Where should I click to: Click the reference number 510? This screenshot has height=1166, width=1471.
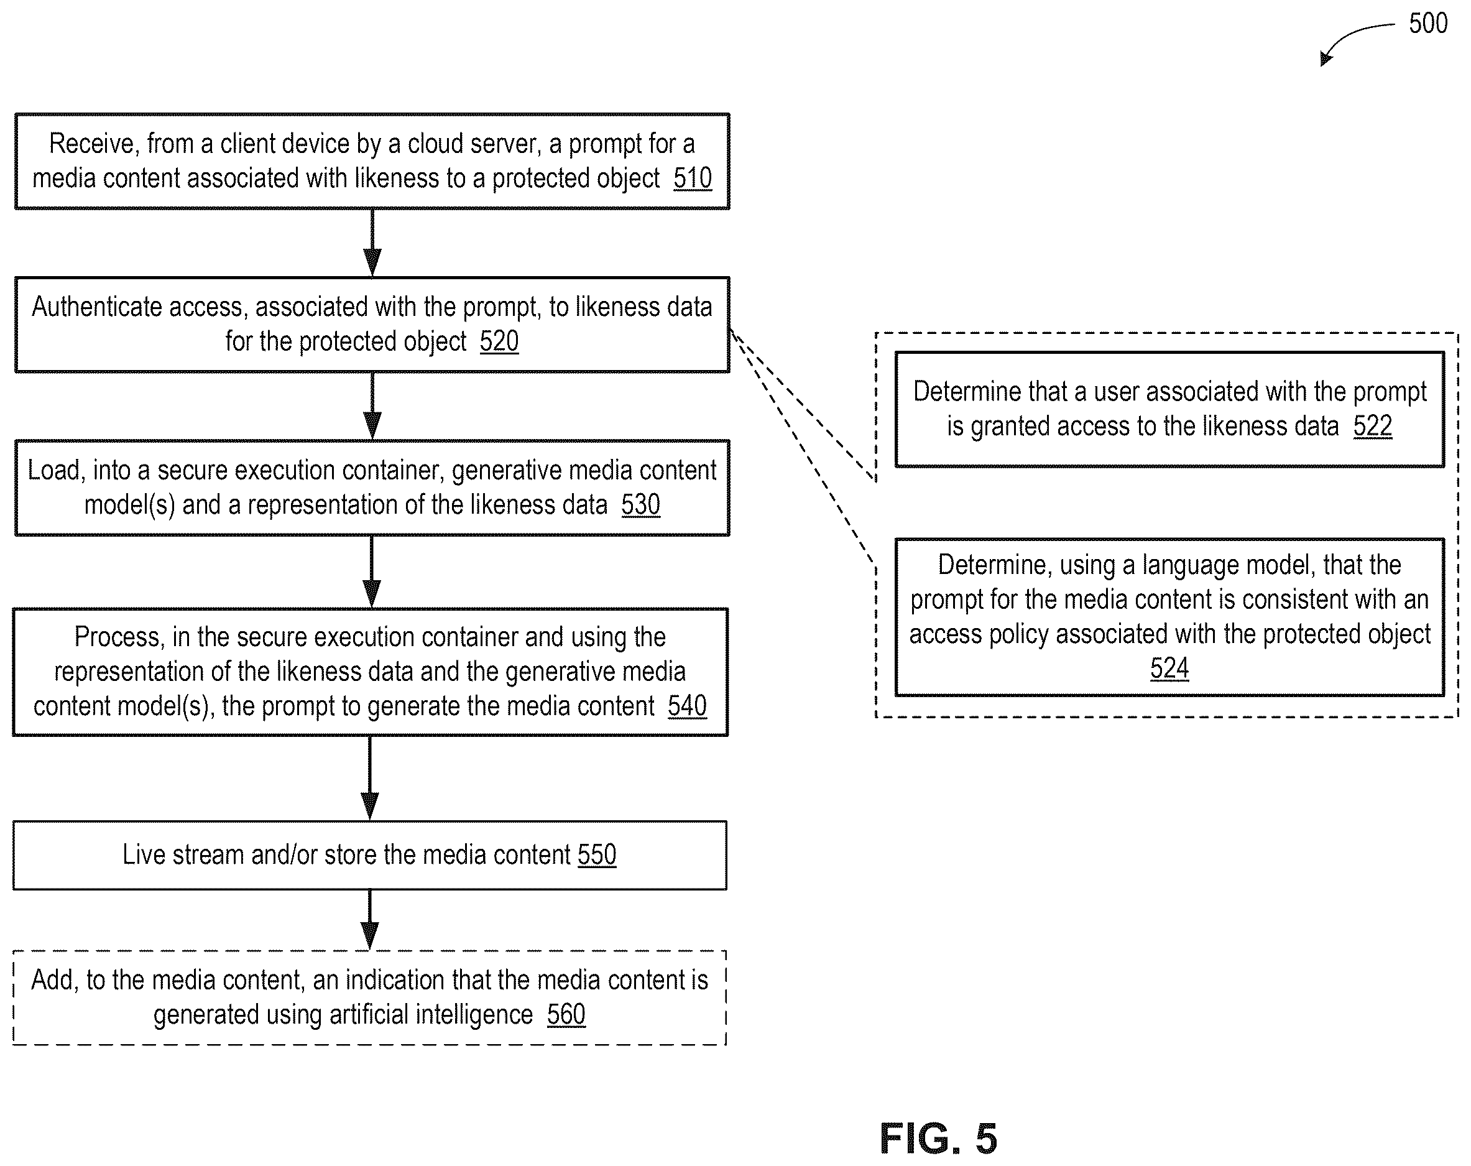[692, 178]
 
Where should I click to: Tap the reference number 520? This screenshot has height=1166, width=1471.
[499, 341]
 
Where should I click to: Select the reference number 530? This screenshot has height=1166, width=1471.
[640, 505]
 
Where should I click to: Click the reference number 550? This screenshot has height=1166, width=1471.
[597, 854]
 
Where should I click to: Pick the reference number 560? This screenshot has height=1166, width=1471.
[566, 1014]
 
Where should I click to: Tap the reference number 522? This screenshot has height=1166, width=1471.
[1372, 426]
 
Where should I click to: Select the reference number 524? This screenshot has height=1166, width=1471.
[1169, 669]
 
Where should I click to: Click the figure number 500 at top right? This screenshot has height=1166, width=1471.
[1428, 23]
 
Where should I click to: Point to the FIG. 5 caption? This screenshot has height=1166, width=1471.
[938, 1138]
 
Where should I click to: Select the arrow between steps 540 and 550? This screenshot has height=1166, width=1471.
[370, 778]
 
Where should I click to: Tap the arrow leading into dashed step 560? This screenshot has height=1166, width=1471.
[370, 920]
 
